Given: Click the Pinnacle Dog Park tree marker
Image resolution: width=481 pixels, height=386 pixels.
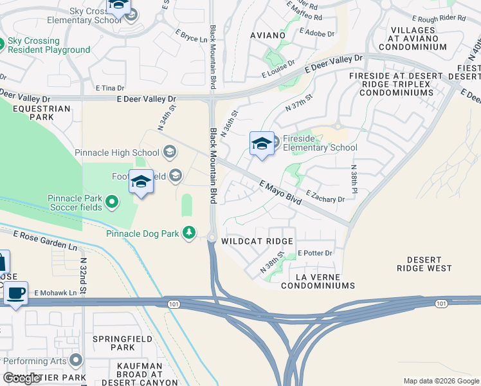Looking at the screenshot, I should tap(189, 232).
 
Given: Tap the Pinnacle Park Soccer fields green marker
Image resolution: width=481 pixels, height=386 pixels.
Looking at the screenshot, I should tap(112, 203).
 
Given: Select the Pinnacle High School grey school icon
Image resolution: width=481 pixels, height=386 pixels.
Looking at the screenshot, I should tap(170, 152).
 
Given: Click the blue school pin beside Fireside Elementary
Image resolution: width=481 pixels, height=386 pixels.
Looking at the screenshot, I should tap(262, 144).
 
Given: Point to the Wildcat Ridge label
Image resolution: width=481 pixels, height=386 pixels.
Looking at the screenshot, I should tap(257, 241).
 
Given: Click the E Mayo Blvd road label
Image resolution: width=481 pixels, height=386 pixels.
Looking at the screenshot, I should tap(281, 194).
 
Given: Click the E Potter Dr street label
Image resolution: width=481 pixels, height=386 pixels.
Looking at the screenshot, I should tap(315, 253).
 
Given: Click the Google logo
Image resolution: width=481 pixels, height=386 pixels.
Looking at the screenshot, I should tap(23, 378).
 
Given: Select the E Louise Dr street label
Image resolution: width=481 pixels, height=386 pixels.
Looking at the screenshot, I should tap(278, 69).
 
